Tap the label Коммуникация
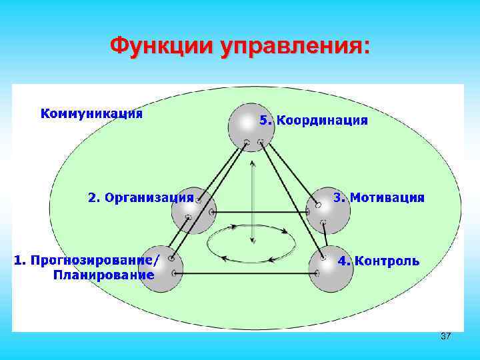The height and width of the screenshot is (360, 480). coord(92,113)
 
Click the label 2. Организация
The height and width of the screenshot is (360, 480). coord(141,197)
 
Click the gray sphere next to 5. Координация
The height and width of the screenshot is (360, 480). coord(248,125)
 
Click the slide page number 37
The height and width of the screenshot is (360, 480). coord(445,336)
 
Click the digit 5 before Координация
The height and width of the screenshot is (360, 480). coord(263,121)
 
